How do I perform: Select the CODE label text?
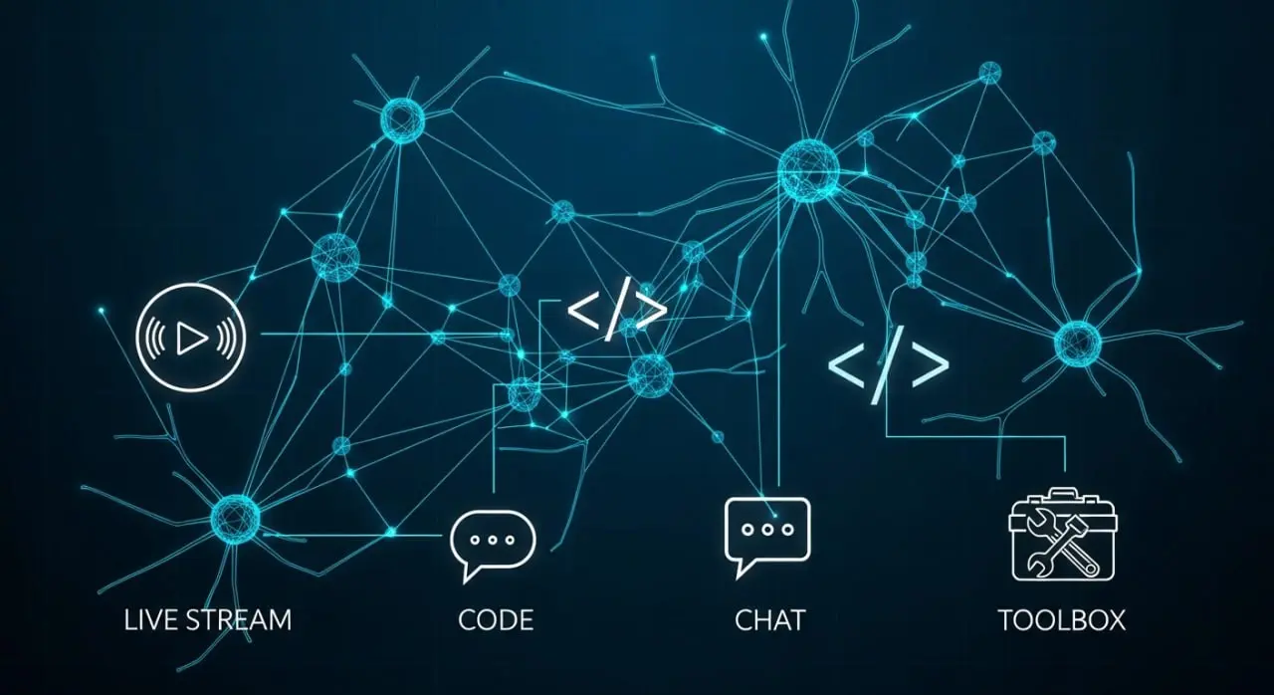point(496,620)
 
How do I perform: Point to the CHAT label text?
point(770,620)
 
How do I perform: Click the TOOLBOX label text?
point(1062,620)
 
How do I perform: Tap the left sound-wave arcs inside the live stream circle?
point(157,338)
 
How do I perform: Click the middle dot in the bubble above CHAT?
point(767,530)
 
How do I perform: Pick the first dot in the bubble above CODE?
point(476,540)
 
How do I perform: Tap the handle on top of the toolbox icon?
point(1062,493)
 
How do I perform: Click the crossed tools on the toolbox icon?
point(1062,549)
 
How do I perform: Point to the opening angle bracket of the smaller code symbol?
point(583,311)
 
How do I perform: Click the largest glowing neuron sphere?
point(809,170)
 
